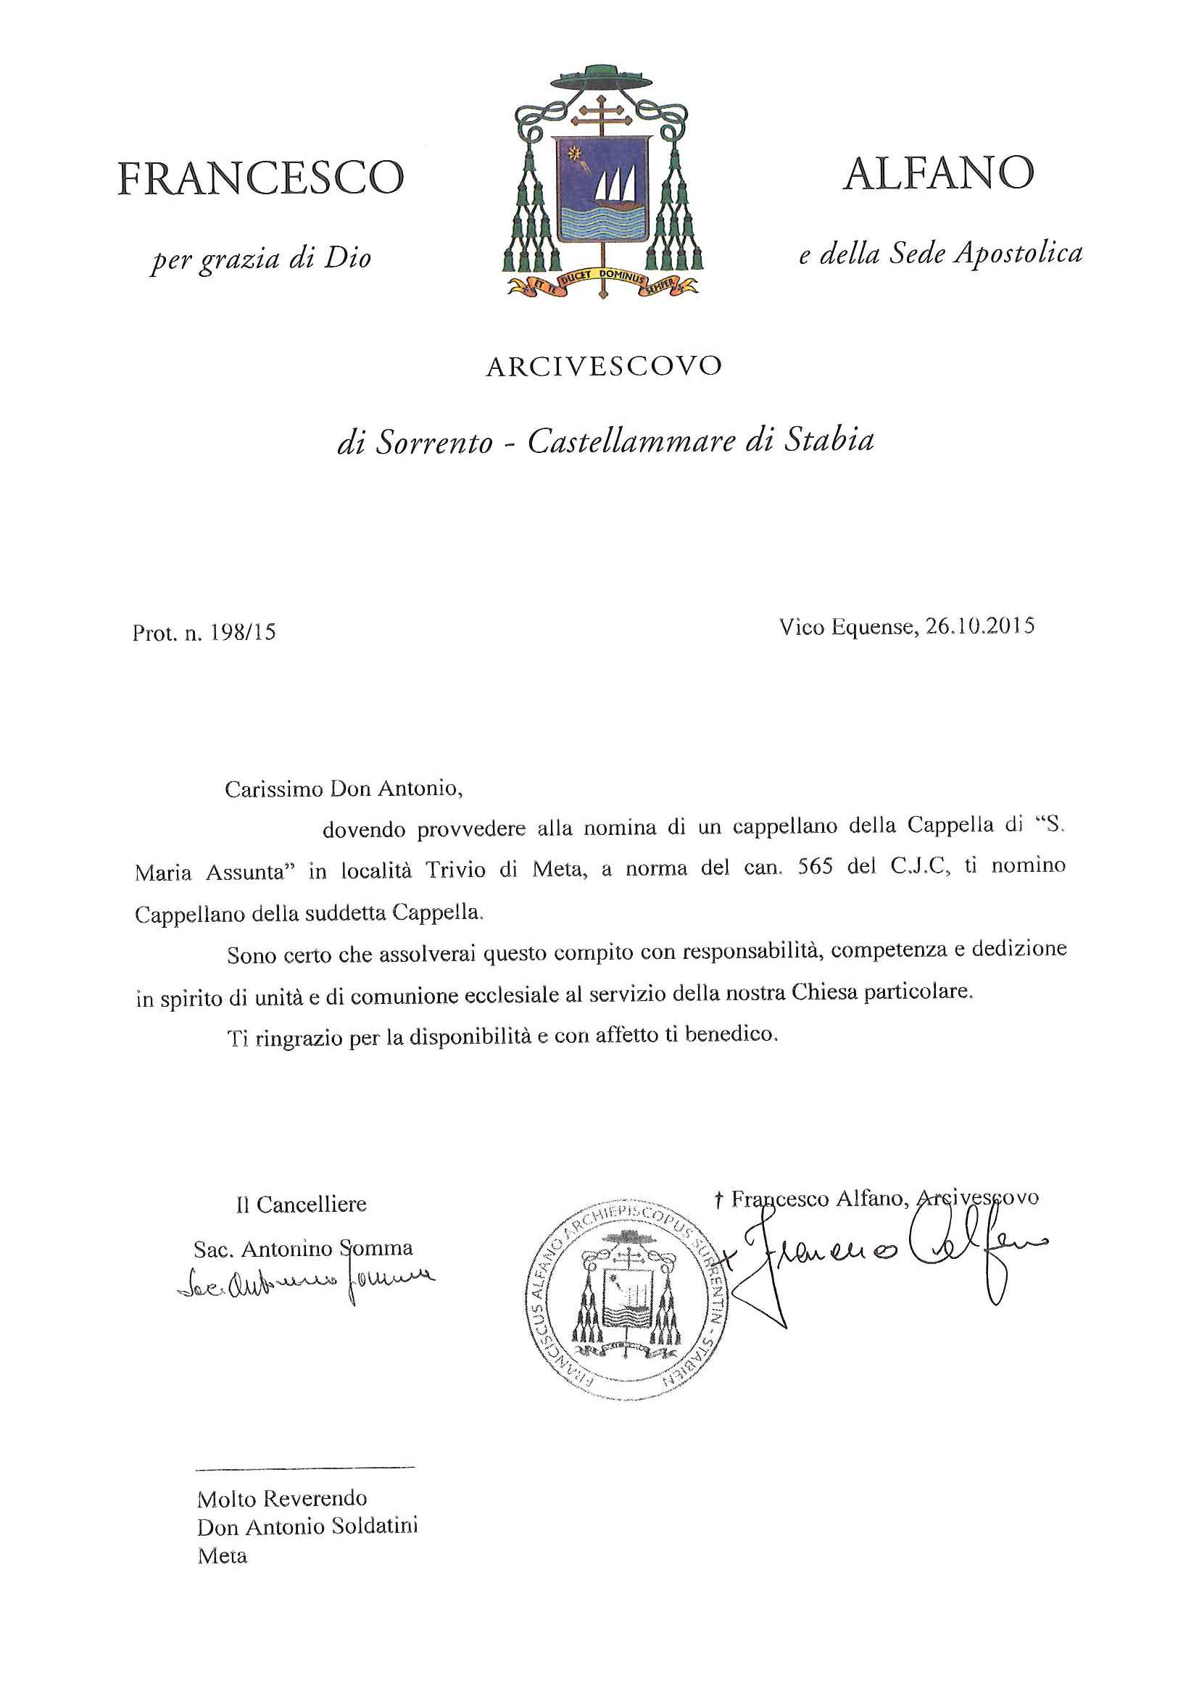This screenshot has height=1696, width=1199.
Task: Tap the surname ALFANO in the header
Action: pos(938,174)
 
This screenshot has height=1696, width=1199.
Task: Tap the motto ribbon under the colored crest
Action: pos(602,283)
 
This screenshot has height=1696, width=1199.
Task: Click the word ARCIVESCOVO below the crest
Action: pos(603,367)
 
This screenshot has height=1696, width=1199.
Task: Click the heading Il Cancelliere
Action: pos(301,1205)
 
